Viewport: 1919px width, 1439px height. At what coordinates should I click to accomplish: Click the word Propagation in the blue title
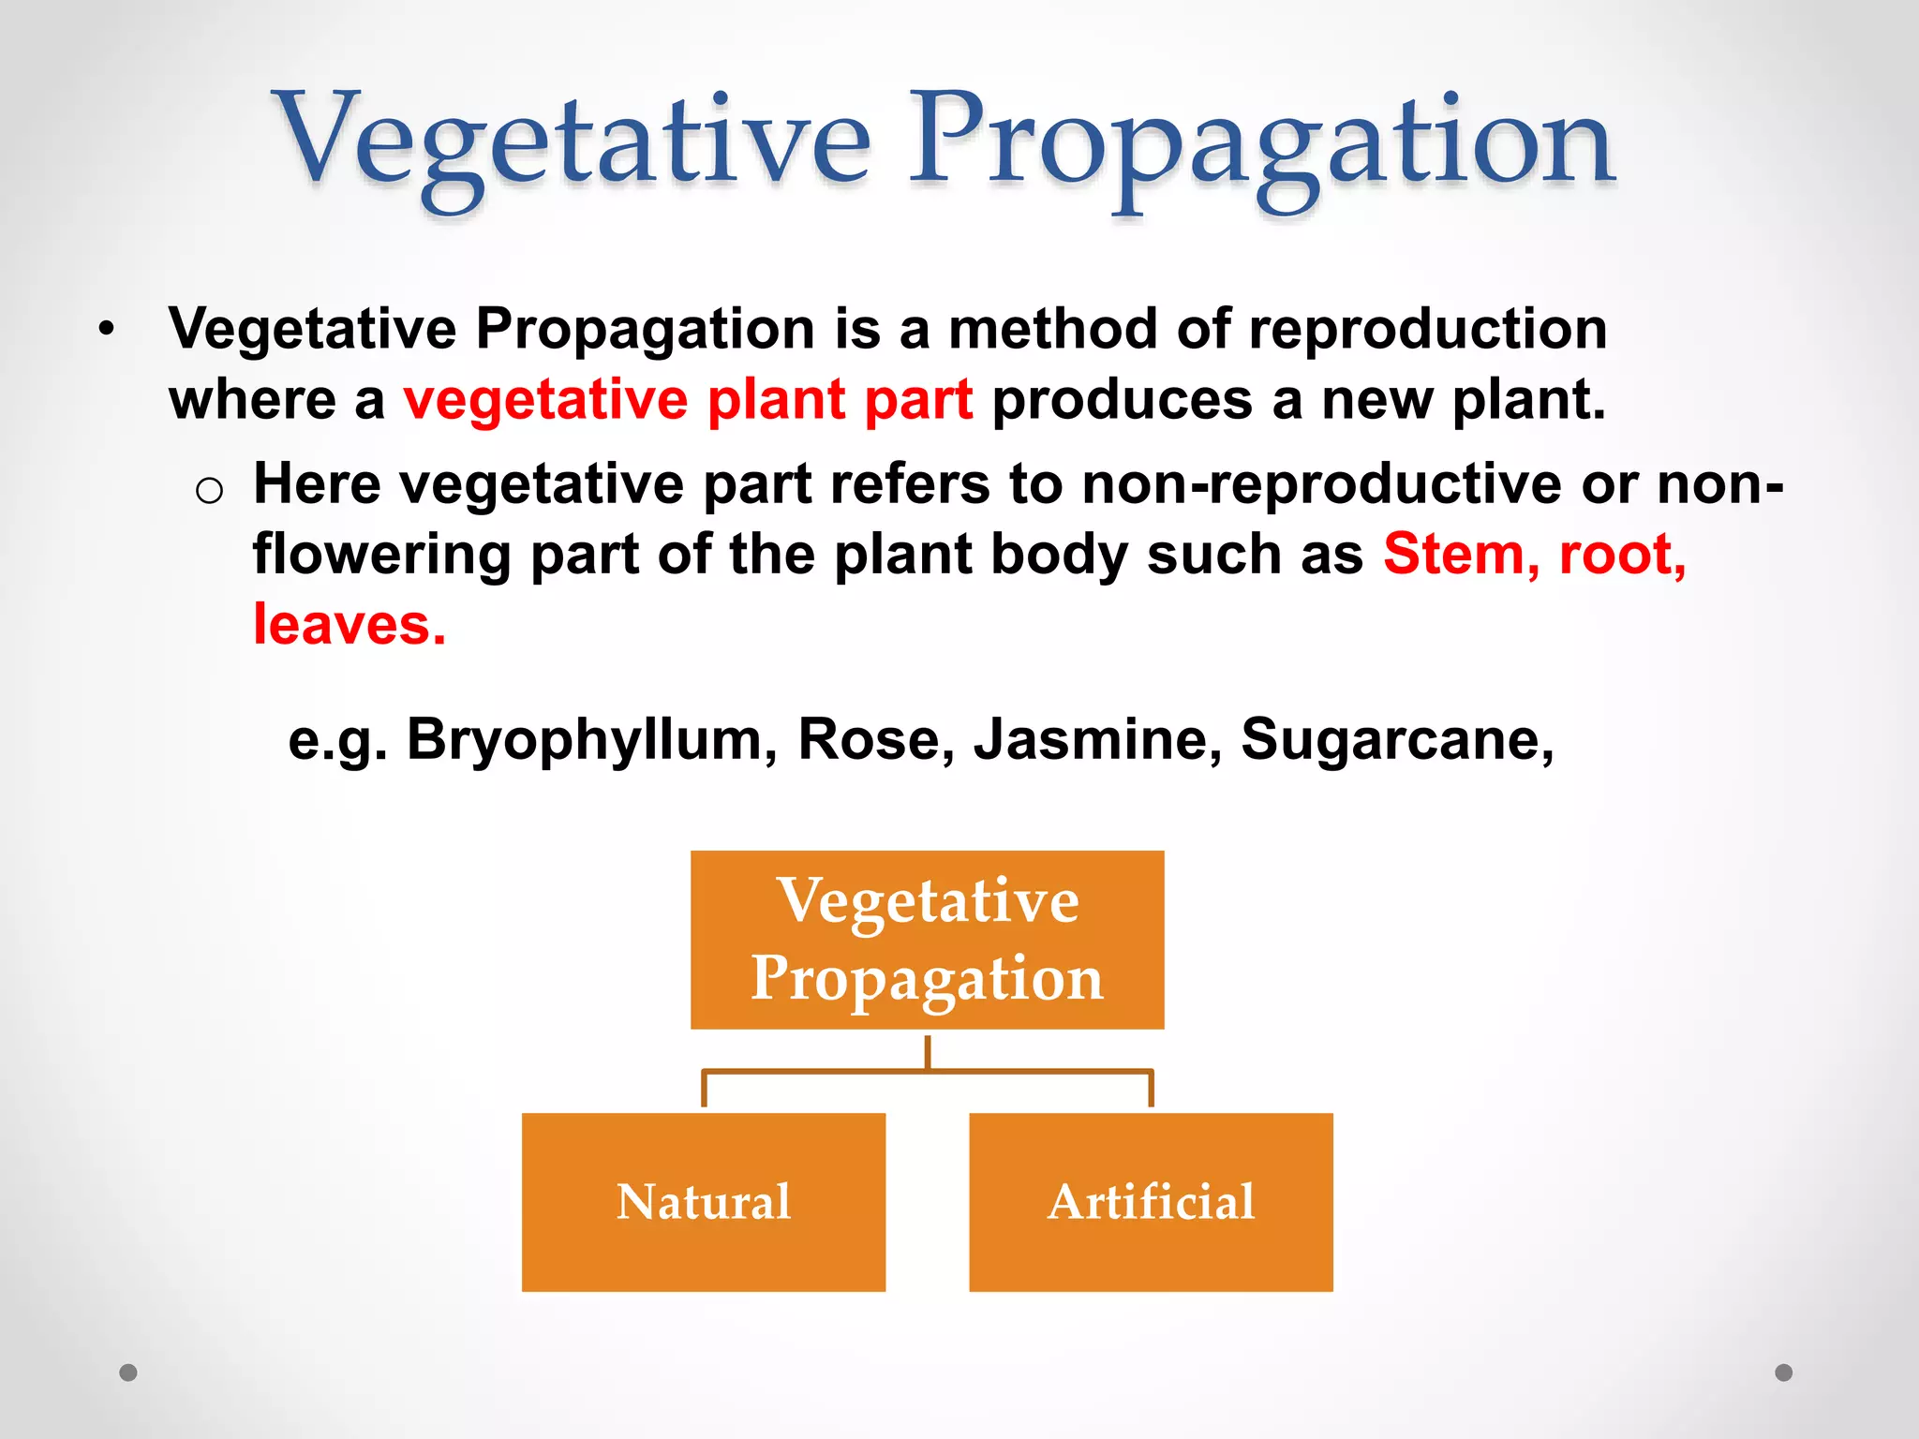click(x=1260, y=145)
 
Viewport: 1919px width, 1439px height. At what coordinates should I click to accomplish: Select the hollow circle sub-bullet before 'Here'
click(x=209, y=490)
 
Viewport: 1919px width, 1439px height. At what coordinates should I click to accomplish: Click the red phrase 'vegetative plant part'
click(x=688, y=400)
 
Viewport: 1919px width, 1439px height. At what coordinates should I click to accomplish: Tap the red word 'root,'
click(x=1622, y=555)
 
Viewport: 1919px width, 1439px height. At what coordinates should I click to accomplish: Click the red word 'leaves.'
click(x=350, y=625)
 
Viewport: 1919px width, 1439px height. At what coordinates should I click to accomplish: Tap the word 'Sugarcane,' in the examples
click(x=1397, y=740)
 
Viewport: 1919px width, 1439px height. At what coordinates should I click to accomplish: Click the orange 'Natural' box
click(x=703, y=1202)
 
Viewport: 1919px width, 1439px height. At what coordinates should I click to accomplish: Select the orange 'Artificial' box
click(x=1151, y=1202)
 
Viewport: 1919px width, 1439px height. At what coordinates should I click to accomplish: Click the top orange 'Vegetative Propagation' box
click(x=927, y=940)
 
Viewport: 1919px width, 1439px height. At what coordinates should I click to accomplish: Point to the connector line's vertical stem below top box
click(x=928, y=1051)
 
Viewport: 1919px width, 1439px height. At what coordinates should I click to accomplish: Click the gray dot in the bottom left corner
click(x=128, y=1372)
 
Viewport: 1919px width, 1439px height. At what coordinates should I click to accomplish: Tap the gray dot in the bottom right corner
click(x=1784, y=1372)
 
